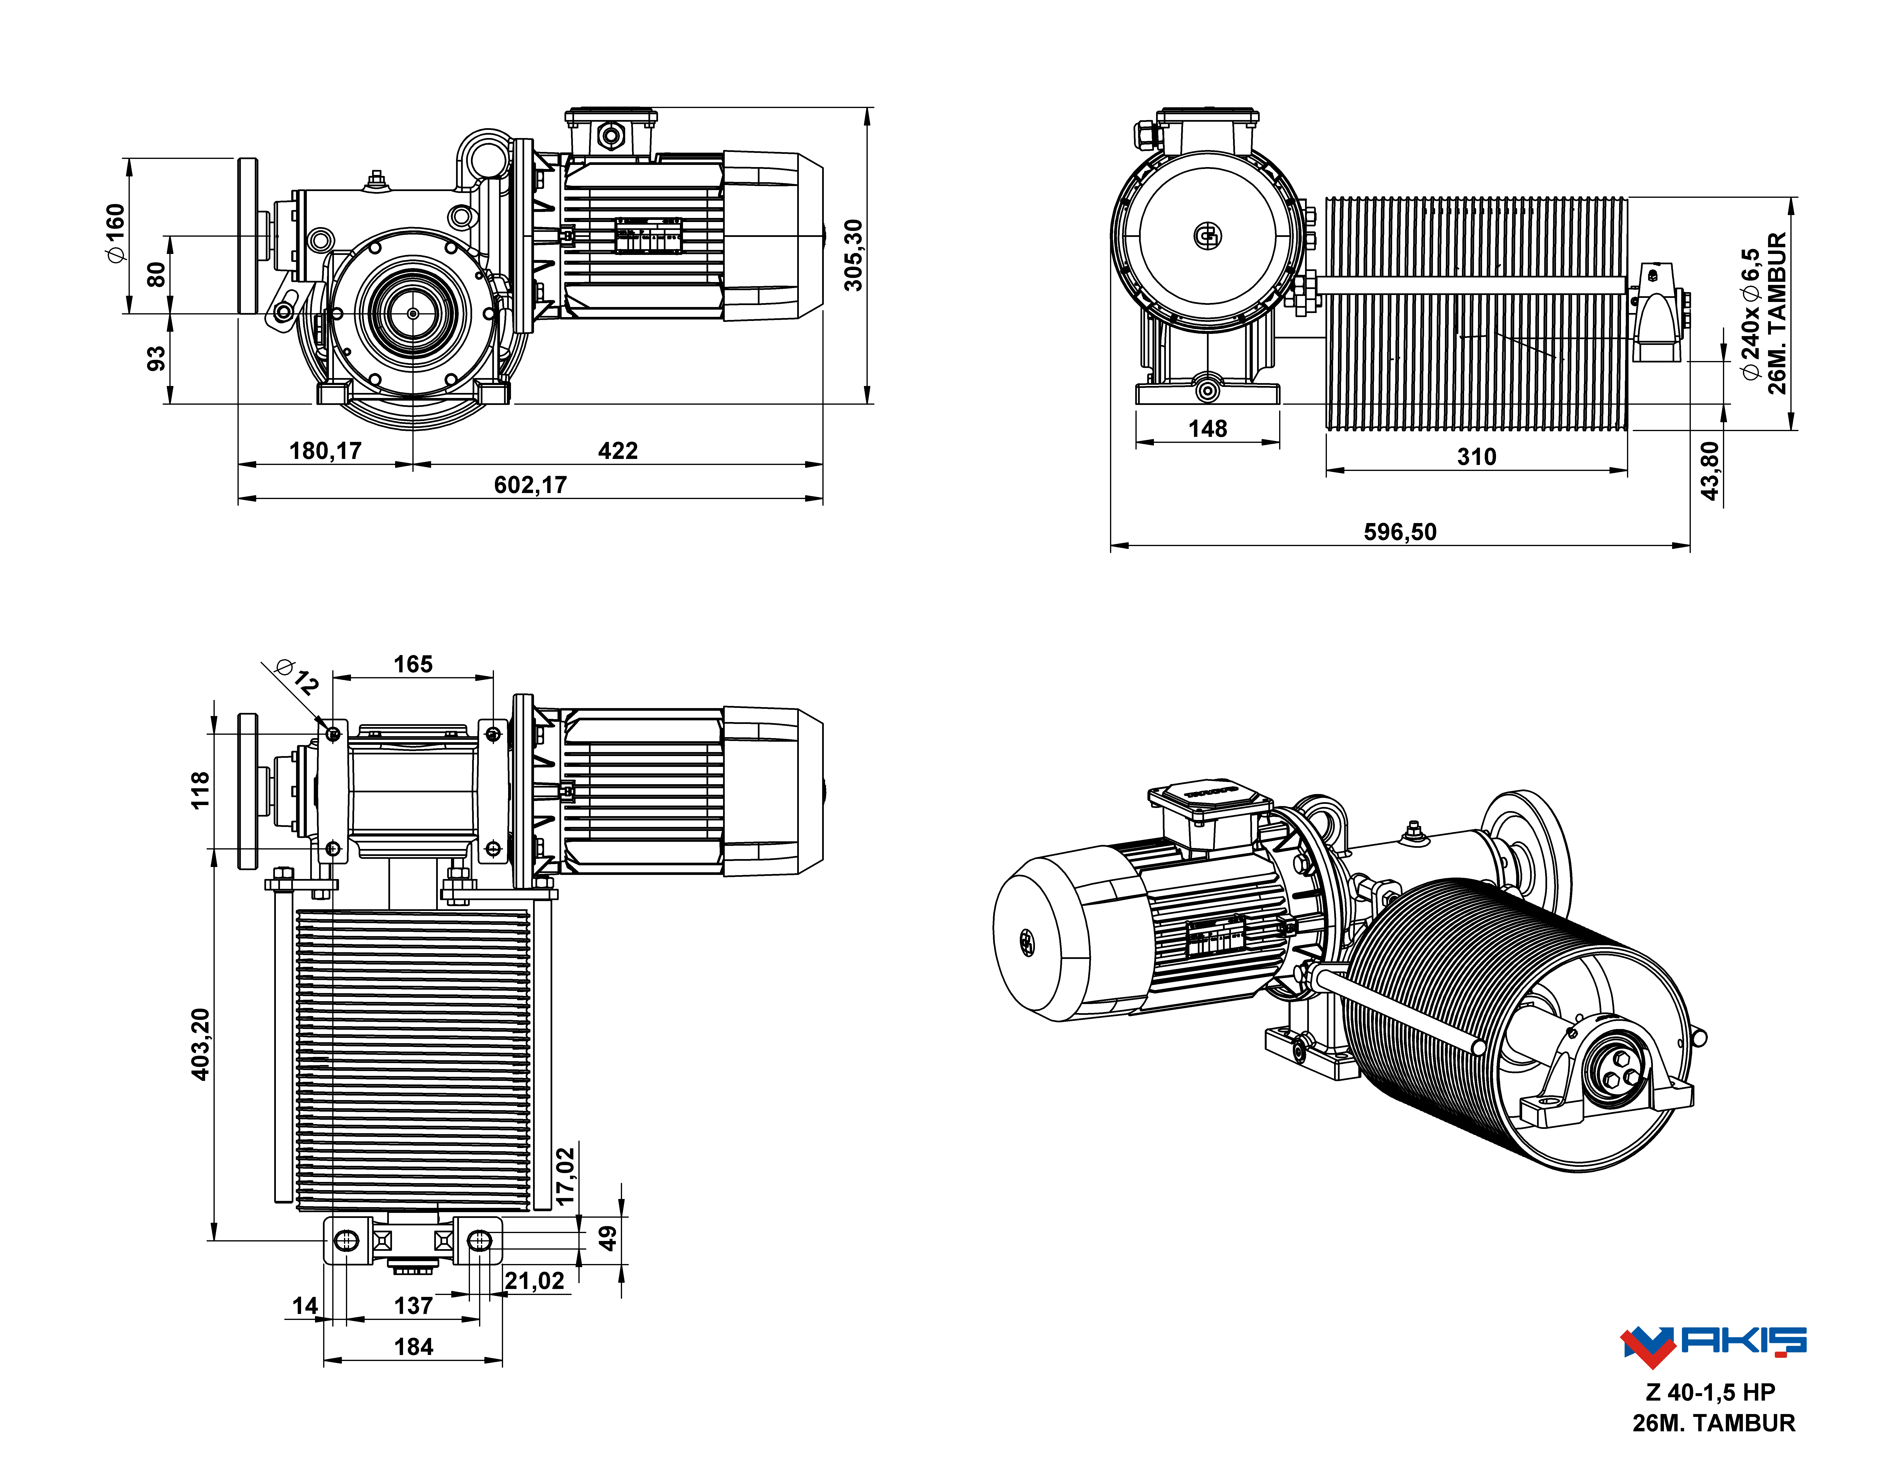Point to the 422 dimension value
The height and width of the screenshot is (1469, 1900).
coord(618,451)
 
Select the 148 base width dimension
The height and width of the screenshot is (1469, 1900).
coord(1207,428)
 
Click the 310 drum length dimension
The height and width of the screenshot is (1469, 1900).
coord(1476,457)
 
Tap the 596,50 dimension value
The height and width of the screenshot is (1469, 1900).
coord(1400,532)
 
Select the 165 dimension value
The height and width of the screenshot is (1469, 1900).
coord(413,664)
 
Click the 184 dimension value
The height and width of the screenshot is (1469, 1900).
coord(413,1346)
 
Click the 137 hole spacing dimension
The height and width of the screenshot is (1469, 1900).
coord(413,1305)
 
